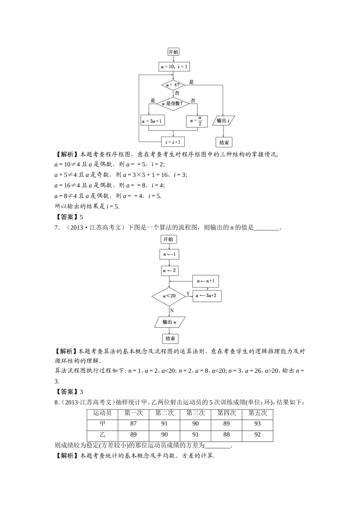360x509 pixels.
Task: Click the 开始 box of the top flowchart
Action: pyautogui.click(x=173, y=52)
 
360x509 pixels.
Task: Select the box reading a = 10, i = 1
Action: pyautogui.click(x=174, y=67)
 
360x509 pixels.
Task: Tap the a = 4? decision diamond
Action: pyautogui.click(x=173, y=85)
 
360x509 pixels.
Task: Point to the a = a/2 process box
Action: pyautogui.click(x=197, y=121)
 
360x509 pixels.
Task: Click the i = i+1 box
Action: pyautogui.click(x=173, y=142)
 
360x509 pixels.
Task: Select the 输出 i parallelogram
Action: pyautogui.click(x=224, y=121)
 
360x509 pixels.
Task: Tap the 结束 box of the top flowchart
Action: pyautogui.click(x=224, y=142)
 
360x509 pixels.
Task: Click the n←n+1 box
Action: pyautogui.click(x=205, y=281)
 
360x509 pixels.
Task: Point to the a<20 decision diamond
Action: pyautogui.click(x=169, y=296)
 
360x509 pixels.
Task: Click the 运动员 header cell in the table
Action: pyautogui.click(x=102, y=413)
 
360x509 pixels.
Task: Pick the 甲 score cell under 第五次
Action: pyautogui.click(x=257, y=424)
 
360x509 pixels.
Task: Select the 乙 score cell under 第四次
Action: pyautogui.click(x=226, y=435)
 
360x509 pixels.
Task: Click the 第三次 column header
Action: pyautogui.click(x=195, y=413)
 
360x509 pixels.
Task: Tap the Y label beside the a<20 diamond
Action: pyautogui.click(x=188, y=294)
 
